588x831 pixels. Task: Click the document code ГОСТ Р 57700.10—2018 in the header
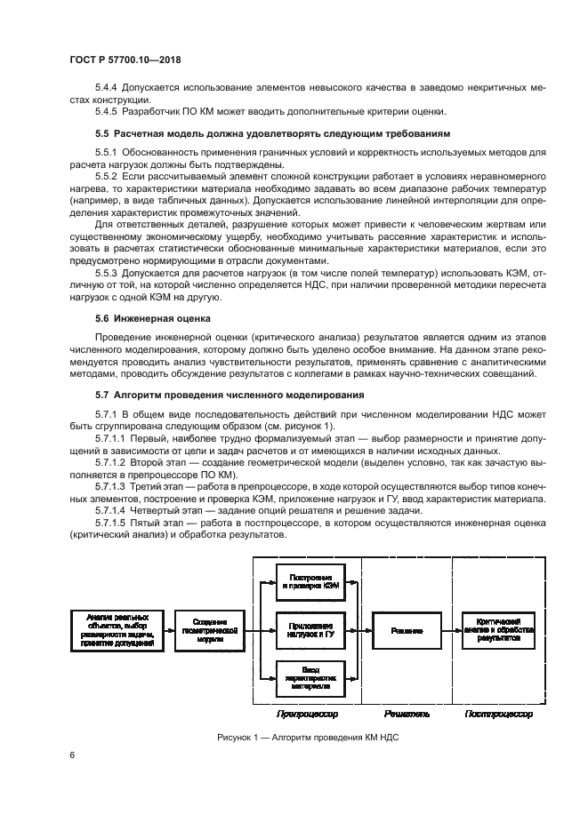click(x=133, y=60)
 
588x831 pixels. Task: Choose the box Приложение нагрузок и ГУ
click(x=310, y=631)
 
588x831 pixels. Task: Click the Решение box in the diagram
click(x=407, y=631)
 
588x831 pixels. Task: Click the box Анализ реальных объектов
click(x=114, y=631)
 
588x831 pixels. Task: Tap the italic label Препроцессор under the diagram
click(x=308, y=714)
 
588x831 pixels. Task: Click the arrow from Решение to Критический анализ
click(x=452, y=631)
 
